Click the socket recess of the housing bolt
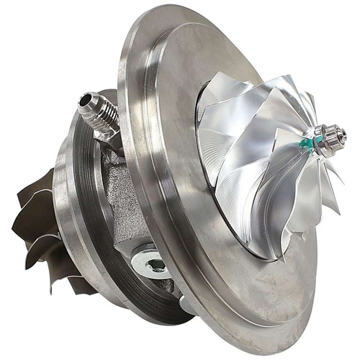(x=154, y=265)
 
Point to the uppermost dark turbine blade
(x=48, y=180)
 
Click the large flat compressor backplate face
(x=166, y=108)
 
